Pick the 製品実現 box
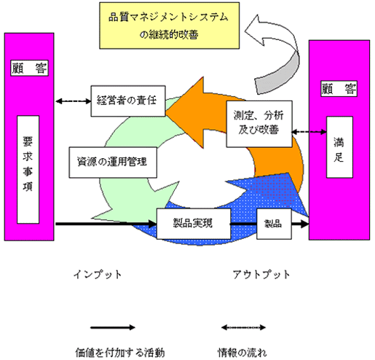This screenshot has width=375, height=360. tap(193, 218)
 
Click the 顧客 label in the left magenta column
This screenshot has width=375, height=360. tap(29, 68)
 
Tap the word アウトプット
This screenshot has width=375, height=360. tap(261, 275)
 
